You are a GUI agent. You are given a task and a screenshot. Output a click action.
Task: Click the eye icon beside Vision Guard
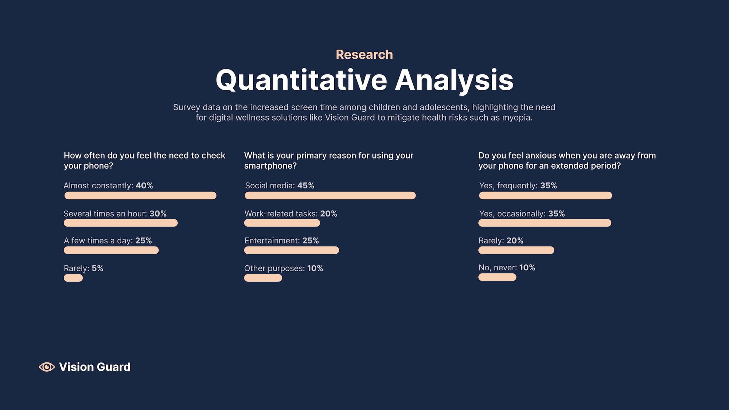[47, 367]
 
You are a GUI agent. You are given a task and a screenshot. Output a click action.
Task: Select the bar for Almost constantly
[140, 195]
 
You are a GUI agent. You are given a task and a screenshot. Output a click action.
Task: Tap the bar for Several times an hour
[121, 223]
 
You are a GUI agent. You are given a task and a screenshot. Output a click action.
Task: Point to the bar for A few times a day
[111, 250]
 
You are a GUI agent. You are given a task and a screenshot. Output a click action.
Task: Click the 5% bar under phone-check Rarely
[73, 278]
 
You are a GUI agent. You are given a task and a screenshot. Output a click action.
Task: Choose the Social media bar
[330, 195]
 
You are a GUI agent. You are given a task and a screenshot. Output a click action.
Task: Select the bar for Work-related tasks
[282, 223]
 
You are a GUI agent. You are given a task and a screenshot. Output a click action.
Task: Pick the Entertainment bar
[292, 250]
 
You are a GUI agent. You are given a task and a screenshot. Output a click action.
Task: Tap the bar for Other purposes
[263, 278]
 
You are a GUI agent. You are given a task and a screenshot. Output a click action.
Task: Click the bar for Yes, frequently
[545, 195]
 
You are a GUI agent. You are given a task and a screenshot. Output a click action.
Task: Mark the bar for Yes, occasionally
[545, 223]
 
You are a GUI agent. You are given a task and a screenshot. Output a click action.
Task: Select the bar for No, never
[497, 277]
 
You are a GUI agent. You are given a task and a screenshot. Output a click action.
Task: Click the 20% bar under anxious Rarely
[516, 250]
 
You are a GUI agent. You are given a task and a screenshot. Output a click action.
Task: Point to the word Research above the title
[364, 55]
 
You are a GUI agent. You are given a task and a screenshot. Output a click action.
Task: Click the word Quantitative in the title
[301, 81]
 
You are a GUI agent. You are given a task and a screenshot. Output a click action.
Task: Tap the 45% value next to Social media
[305, 186]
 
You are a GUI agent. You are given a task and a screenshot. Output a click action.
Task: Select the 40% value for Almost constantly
[144, 186]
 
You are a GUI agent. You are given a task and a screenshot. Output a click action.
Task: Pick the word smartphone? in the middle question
[270, 166]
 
